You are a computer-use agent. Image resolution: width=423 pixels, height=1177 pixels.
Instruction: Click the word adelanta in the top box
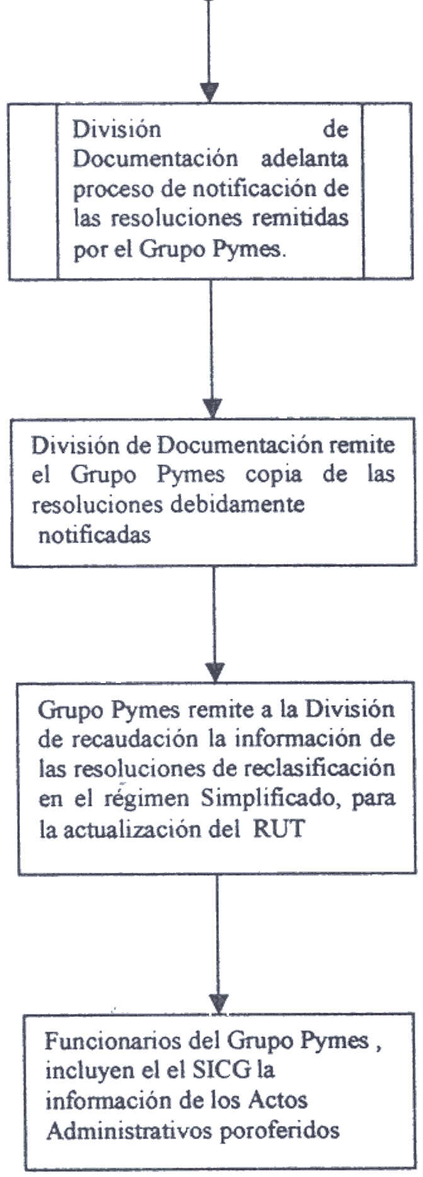[305, 159]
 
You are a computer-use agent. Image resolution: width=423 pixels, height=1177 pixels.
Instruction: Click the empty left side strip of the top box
[32, 191]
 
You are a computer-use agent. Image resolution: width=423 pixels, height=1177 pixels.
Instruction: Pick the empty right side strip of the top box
[388, 191]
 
